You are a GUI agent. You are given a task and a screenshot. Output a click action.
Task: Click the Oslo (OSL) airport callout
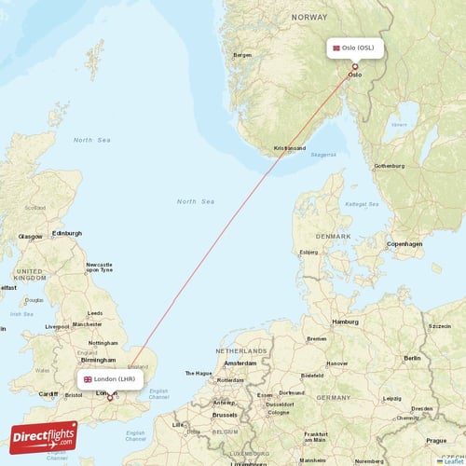(x=354, y=48)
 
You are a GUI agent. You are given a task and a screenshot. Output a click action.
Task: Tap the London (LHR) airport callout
(x=110, y=379)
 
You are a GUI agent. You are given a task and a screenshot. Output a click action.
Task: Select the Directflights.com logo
(x=44, y=435)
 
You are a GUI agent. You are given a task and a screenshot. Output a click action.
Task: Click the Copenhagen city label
(x=404, y=244)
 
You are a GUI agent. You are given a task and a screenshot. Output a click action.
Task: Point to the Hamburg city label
(x=345, y=322)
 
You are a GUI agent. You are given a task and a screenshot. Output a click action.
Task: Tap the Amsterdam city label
(x=240, y=363)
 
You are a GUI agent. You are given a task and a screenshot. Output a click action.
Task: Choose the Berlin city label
(x=411, y=358)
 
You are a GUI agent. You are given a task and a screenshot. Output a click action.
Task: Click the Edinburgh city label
(x=67, y=233)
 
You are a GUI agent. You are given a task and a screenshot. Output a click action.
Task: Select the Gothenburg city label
(x=389, y=166)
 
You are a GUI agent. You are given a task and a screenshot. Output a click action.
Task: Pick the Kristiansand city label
(x=290, y=147)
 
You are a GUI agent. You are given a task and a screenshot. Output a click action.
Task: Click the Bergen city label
(x=242, y=55)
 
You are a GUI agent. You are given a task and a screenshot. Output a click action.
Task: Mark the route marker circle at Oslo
(x=354, y=66)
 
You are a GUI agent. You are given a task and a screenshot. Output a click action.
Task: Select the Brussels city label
(x=225, y=414)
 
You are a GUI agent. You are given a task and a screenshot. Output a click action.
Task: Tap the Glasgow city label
(x=30, y=237)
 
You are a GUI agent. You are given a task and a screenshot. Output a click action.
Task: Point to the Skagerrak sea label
(x=323, y=155)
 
